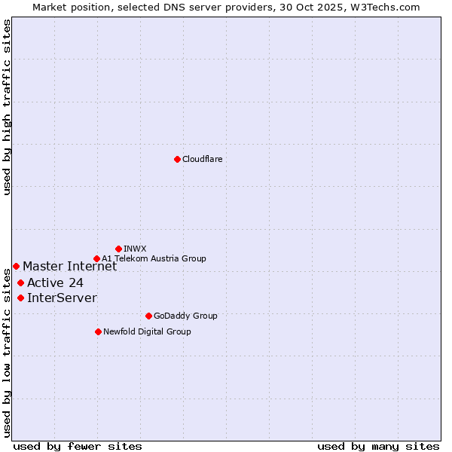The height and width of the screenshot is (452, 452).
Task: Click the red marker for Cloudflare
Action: [x=177, y=159]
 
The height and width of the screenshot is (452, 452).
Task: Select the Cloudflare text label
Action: [x=203, y=159]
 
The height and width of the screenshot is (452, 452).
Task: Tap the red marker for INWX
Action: [x=118, y=249]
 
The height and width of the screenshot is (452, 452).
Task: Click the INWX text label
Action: [x=135, y=249]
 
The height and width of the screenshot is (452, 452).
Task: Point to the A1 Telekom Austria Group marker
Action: [x=96, y=258]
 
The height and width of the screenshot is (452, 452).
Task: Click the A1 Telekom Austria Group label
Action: [x=154, y=258]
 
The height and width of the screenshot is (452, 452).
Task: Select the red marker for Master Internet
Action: [x=16, y=266]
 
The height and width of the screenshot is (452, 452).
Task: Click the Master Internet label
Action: [x=69, y=266]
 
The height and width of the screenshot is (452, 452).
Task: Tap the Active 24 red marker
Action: [x=20, y=282]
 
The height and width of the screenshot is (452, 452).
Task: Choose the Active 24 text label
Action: [x=55, y=283]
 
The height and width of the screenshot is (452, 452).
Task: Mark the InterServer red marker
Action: [x=20, y=298]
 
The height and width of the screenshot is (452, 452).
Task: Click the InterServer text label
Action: [x=62, y=298]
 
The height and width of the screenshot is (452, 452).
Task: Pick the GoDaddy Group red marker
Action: [x=148, y=316]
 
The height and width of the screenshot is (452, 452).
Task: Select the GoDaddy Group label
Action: [x=185, y=316]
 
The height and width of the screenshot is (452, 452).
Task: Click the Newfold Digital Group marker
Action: [x=98, y=331]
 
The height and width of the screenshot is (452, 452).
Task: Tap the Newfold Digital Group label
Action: [x=147, y=331]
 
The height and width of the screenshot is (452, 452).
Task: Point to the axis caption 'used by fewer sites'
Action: [x=78, y=446]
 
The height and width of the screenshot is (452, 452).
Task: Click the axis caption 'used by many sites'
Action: [x=378, y=446]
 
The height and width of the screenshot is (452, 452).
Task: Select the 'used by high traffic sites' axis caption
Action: [x=7, y=107]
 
